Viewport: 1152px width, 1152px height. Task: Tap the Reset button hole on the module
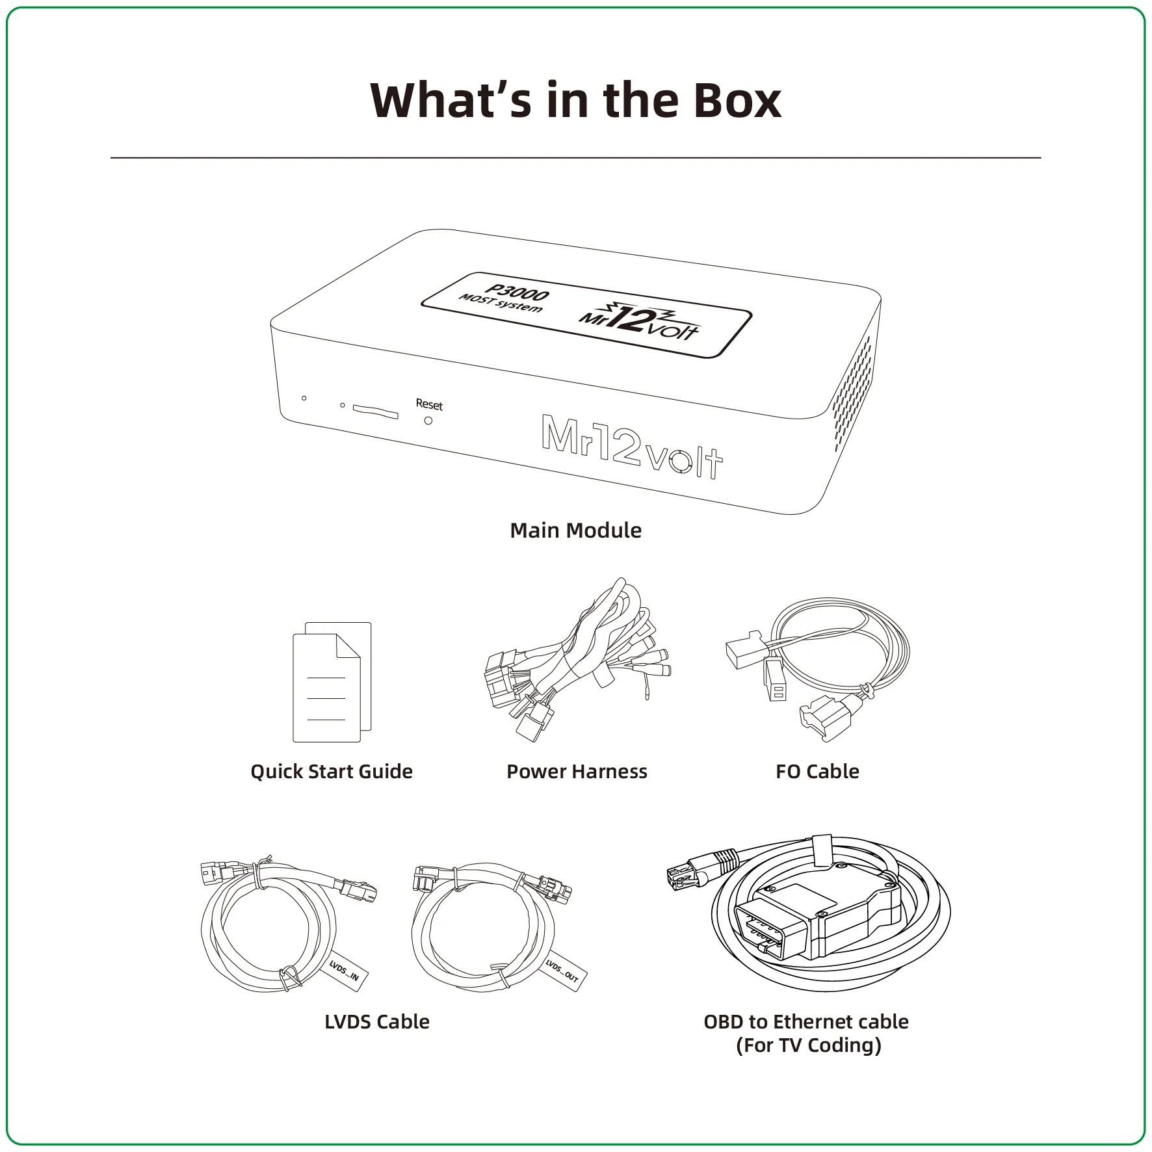(428, 421)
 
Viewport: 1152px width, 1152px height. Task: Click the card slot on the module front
(375, 411)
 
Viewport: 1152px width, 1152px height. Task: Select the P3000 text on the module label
(517, 293)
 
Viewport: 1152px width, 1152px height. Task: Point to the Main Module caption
(575, 530)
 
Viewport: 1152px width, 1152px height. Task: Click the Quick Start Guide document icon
(332, 682)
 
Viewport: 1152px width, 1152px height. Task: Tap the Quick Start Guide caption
(332, 772)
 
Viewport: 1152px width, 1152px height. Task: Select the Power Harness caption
(577, 772)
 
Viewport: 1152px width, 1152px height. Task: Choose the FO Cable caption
(817, 772)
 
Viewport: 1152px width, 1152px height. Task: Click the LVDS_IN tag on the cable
(343, 973)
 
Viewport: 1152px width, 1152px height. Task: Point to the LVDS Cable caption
(377, 1022)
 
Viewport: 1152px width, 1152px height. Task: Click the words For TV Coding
(808, 1045)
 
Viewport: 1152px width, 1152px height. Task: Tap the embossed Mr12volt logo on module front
(632, 447)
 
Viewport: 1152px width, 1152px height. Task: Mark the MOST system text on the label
(501, 304)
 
